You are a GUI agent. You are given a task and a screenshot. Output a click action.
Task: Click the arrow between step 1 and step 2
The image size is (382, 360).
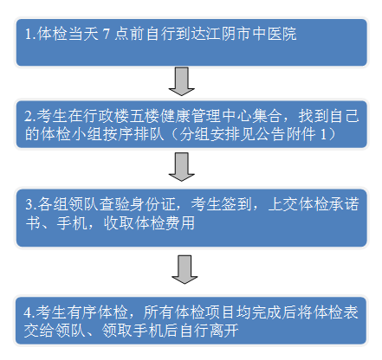click(181, 81)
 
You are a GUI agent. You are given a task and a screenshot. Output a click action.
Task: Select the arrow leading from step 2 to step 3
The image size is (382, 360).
click(181, 167)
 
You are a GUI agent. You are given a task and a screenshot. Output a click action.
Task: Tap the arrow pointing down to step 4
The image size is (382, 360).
click(185, 269)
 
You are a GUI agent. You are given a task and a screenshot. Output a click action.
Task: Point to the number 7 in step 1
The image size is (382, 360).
click(107, 34)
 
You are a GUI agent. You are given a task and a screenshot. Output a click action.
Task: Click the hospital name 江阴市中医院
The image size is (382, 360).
click(251, 34)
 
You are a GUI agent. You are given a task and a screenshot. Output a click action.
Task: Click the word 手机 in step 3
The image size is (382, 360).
click(72, 222)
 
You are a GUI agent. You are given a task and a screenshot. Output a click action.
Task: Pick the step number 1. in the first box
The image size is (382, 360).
click(30, 35)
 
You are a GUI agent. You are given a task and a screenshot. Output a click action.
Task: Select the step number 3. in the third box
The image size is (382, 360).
click(31, 205)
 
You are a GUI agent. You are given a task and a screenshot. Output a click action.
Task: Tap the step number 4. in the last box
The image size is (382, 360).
click(29, 313)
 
